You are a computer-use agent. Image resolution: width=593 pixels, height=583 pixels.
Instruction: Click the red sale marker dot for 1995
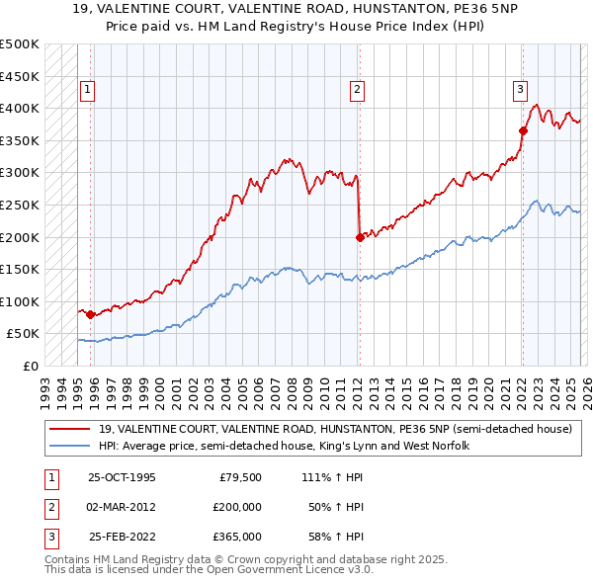pyautogui.click(x=91, y=314)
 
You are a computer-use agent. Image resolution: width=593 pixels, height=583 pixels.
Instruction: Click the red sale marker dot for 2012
pyautogui.click(x=360, y=237)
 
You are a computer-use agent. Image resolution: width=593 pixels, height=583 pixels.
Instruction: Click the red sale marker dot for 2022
pyautogui.click(x=523, y=130)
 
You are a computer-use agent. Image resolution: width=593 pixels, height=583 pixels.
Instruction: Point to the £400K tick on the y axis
pyautogui.click(x=20, y=108)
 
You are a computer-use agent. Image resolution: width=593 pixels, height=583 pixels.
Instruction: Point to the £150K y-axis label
pyautogui.click(x=20, y=269)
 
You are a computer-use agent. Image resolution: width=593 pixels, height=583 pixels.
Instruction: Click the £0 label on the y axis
pyautogui.click(x=30, y=366)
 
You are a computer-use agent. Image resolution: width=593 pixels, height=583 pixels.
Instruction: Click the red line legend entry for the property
pyautogui.click(x=335, y=430)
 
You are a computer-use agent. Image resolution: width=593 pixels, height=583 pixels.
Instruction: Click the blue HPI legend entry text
pyautogui.click(x=284, y=447)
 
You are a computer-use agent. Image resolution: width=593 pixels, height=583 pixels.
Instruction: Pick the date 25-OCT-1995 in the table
pyautogui.click(x=122, y=477)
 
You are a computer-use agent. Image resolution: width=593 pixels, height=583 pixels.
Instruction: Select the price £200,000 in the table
pyautogui.click(x=238, y=507)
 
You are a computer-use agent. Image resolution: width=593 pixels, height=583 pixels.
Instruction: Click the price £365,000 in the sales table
pyautogui.click(x=238, y=537)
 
